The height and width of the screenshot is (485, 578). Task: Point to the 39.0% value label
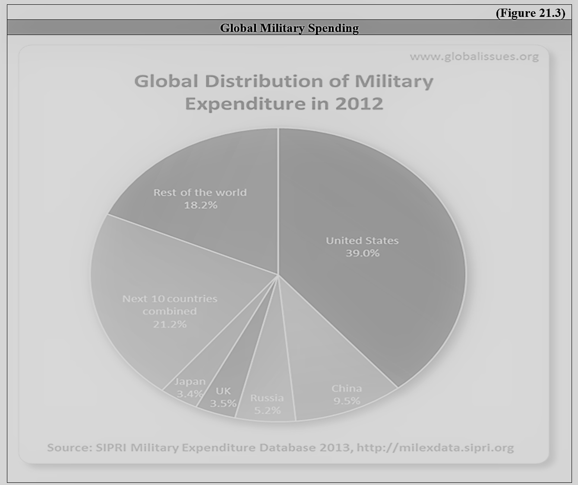pyautogui.click(x=362, y=253)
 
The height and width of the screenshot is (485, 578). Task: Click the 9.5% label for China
pyautogui.click(x=346, y=401)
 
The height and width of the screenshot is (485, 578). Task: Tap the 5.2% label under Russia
pyautogui.click(x=267, y=410)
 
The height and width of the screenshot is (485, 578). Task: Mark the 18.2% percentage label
pyautogui.click(x=200, y=205)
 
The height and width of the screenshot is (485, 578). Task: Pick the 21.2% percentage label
pyautogui.click(x=170, y=324)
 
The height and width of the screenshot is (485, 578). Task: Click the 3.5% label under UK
pyautogui.click(x=223, y=403)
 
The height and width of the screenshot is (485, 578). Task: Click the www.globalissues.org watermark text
pyautogui.click(x=474, y=57)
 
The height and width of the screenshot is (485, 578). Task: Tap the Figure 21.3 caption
pyautogui.click(x=530, y=13)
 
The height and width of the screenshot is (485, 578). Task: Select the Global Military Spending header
pyautogui.click(x=289, y=28)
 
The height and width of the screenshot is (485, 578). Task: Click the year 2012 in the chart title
pyautogui.click(x=359, y=104)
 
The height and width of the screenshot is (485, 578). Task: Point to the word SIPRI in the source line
pyautogui.click(x=111, y=447)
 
